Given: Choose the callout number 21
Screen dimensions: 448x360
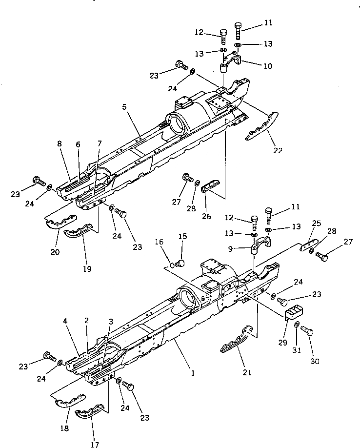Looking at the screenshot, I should point(247,372).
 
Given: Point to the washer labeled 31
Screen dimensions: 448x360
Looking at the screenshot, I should point(297,325).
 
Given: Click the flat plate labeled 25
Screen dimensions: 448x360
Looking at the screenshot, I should point(308,243).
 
